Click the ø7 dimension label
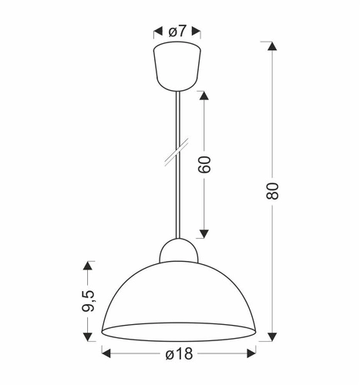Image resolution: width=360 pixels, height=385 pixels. tap(178, 31)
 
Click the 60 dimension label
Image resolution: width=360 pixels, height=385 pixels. tap(206, 165)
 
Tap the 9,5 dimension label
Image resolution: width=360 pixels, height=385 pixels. tap(89, 299)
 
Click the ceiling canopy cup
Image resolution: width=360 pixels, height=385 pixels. tap(178, 67)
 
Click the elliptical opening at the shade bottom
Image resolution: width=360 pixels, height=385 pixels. tap(178, 330)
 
